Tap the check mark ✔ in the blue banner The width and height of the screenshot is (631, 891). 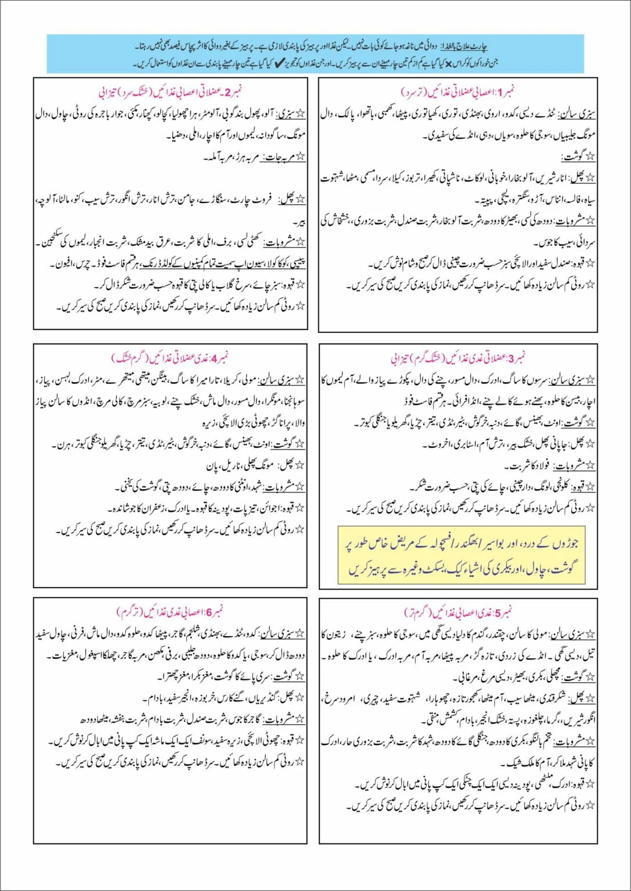277,61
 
